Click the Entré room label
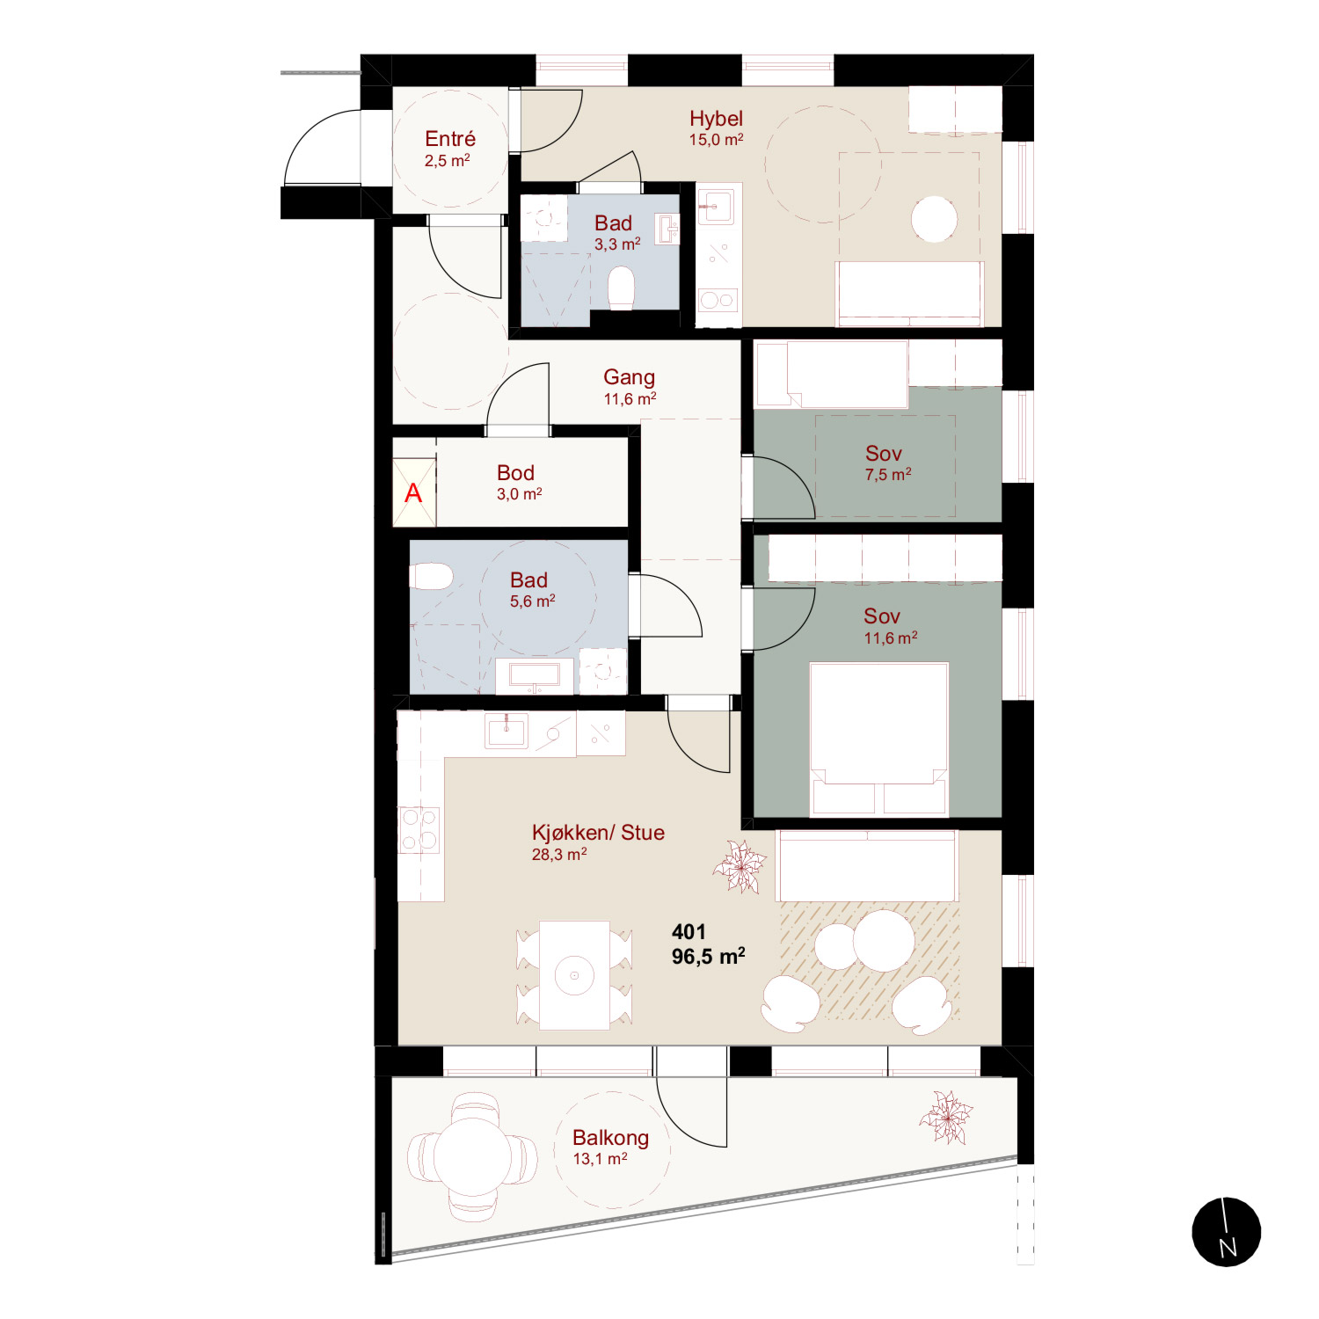[x=450, y=139]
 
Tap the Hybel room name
[x=716, y=119]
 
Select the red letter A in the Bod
[x=413, y=493]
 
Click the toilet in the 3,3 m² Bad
[x=622, y=288]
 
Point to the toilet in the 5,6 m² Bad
[x=431, y=577]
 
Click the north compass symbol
[x=1227, y=1232]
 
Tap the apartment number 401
[x=689, y=932]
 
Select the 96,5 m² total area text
[x=709, y=956]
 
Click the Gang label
[x=629, y=377]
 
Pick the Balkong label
[x=610, y=1138]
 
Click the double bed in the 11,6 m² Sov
[x=878, y=739]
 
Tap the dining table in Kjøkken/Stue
[x=574, y=974]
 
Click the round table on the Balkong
[x=472, y=1156]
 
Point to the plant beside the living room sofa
[x=740, y=866]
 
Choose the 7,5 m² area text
[x=888, y=475]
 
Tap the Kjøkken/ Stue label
[x=598, y=833]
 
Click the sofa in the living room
[x=867, y=866]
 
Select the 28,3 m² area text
[x=559, y=855]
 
